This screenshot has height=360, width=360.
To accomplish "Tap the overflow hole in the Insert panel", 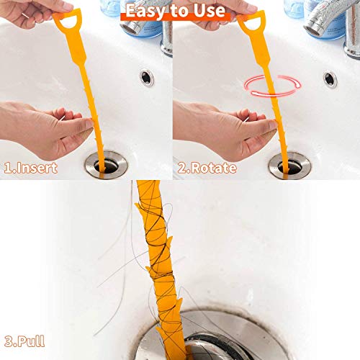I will pyautogui.click(x=147, y=77).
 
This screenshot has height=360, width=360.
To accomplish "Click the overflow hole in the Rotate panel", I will pyautogui.click(x=330, y=78).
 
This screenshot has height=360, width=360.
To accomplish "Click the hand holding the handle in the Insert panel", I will pyautogui.click(x=29, y=10).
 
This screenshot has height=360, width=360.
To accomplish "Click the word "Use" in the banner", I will pyautogui.click(x=209, y=11).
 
